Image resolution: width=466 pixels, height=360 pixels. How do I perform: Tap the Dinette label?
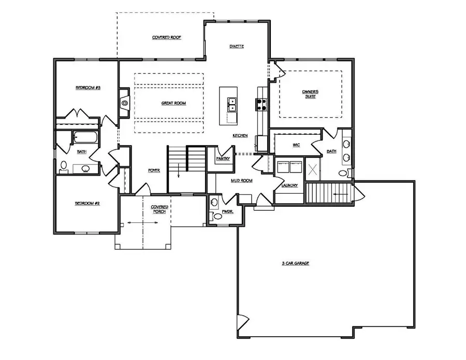pyautogui.click(x=237, y=47)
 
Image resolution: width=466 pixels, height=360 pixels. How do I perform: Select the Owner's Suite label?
pyautogui.click(x=310, y=94)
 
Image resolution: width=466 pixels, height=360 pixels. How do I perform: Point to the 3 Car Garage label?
pyautogui.click(x=295, y=264)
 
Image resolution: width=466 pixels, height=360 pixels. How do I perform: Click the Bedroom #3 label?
pyautogui.click(x=88, y=88)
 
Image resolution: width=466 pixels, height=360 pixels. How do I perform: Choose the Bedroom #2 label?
pyautogui.click(x=87, y=204)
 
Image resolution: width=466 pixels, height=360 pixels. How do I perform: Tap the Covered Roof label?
pyautogui.click(x=166, y=38)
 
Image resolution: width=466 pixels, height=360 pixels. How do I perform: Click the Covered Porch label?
pyautogui.click(x=159, y=209)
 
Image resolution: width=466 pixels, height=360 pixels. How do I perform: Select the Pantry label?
pyautogui.click(x=223, y=159)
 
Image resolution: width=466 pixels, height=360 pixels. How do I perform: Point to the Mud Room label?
pyautogui.click(x=241, y=181)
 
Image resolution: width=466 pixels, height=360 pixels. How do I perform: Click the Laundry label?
pyautogui.click(x=289, y=185)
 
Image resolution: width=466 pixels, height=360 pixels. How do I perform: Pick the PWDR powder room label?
pyautogui.click(x=226, y=211)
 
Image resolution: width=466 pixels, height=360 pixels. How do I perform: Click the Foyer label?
pyautogui.click(x=154, y=169)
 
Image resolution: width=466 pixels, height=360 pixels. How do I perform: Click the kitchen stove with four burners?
pyautogui.click(x=260, y=105)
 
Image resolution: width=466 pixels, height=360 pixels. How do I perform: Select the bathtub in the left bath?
pyautogui.click(x=84, y=138)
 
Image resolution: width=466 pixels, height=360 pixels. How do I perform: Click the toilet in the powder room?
pyautogui.click(x=217, y=217)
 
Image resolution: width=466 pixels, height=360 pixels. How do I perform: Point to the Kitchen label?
pyautogui.click(x=240, y=136)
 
